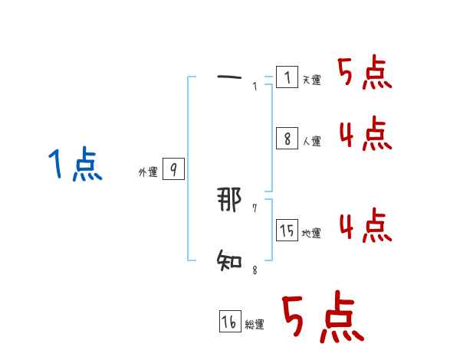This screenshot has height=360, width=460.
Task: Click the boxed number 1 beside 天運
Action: (x=287, y=77)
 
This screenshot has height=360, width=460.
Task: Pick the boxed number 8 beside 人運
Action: (x=287, y=139)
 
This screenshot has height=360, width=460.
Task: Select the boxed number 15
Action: (x=287, y=230)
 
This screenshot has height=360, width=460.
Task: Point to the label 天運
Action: (x=311, y=80)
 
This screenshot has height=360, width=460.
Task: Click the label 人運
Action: (x=311, y=141)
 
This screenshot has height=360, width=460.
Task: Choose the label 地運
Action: (x=311, y=233)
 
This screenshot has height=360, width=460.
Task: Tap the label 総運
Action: (x=255, y=325)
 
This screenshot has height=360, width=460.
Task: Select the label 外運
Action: (x=148, y=173)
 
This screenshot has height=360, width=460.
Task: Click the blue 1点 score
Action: (x=75, y=165)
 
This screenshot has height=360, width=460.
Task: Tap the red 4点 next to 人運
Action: (x=365, y=134)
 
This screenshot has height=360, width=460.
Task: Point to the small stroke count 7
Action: (x=255, y=208)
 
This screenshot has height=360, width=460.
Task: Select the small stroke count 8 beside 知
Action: (x=255, y=269)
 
